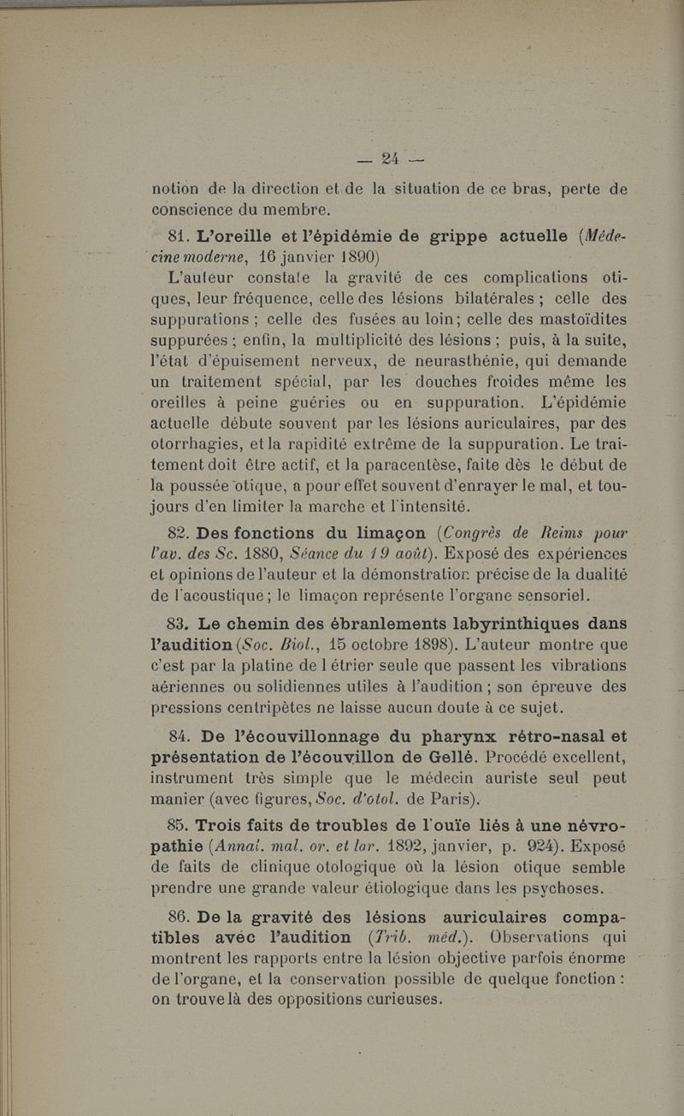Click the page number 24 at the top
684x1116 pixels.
coord(392,157)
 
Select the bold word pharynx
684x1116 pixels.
coord(433,732)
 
